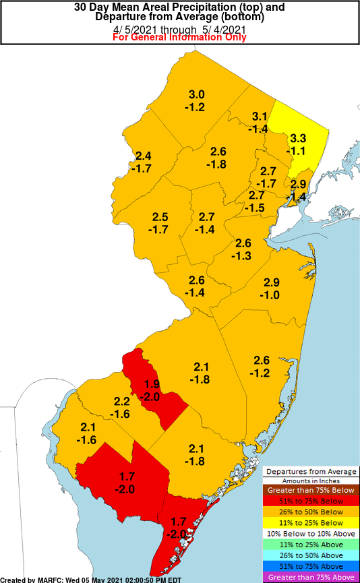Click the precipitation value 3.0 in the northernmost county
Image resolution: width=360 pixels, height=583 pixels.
(196, 94)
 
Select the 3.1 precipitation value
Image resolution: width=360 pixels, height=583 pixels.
(260, 117)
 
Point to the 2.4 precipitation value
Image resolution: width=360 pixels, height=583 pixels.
(143, 156)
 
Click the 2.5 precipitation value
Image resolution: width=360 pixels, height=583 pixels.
(160, 217)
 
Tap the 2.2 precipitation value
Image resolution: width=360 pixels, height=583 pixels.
(121, 402)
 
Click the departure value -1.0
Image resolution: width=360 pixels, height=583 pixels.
(271, 295)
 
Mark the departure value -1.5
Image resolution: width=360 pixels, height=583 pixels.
(257, 208)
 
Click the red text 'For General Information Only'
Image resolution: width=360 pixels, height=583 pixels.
(179, 37)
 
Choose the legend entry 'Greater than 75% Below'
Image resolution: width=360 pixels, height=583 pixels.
(310, 491)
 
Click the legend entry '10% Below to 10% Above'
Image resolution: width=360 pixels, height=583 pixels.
(310, 534)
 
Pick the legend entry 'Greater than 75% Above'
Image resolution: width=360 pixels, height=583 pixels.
(310, 577)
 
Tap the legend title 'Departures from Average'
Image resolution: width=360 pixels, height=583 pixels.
(310, 471)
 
